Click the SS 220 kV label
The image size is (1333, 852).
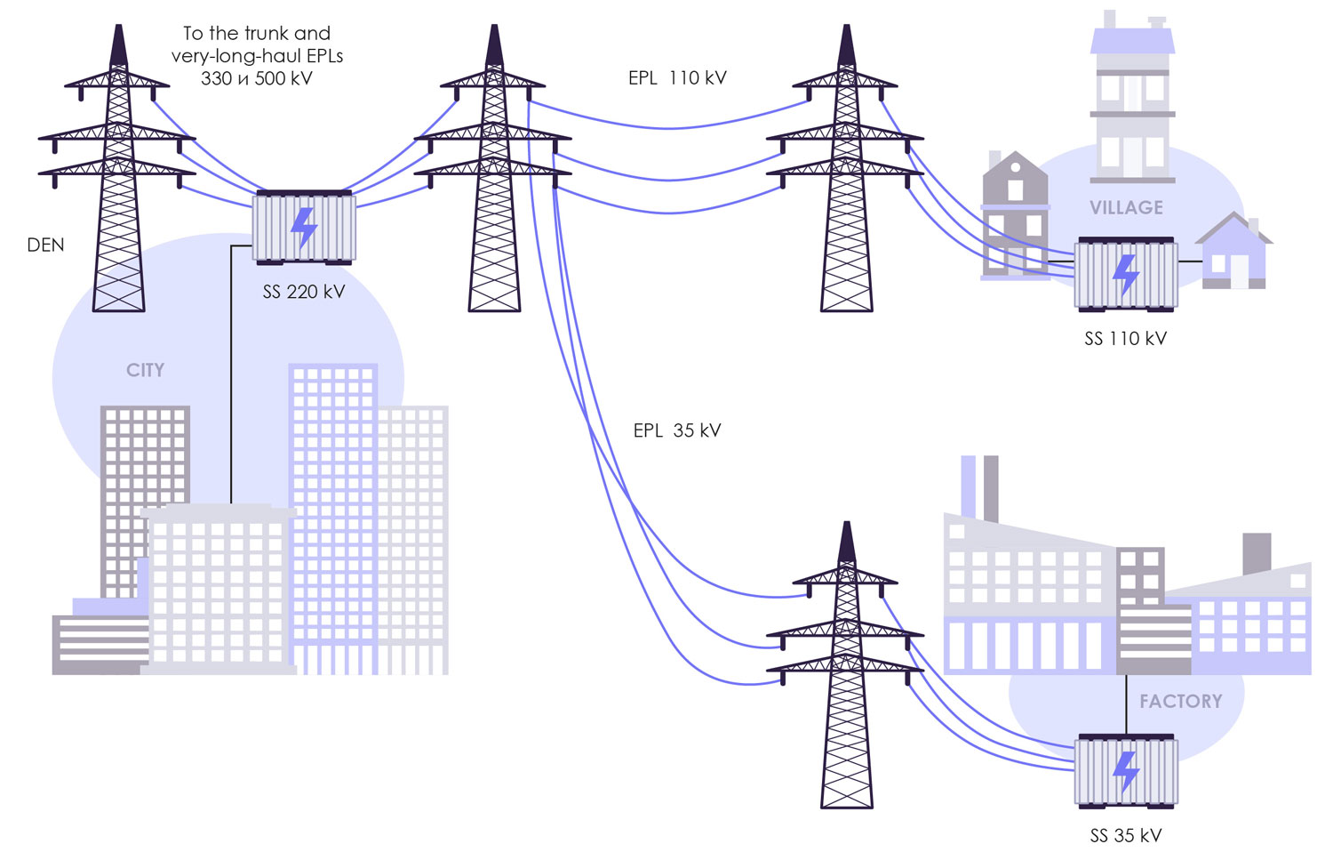[303, 292]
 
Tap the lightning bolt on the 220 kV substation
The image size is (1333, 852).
[304, 228]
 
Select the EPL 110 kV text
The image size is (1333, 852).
[677, 78]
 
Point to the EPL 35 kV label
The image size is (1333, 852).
[677, 430]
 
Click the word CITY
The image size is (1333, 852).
[145, 370]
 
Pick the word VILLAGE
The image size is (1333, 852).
[1126, 208]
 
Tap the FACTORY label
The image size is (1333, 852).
[1180, 701]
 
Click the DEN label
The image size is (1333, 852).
[45, 245]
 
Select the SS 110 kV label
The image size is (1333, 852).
[1125, 339]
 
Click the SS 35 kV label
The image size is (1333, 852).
[1125, 836]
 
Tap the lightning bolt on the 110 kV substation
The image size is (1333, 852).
[1126, 274]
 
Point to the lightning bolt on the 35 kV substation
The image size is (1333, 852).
[1126, 770]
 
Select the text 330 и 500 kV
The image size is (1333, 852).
[256, 78]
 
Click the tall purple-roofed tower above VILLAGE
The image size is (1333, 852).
[1132, 98]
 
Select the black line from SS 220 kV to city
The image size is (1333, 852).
[231, 374]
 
